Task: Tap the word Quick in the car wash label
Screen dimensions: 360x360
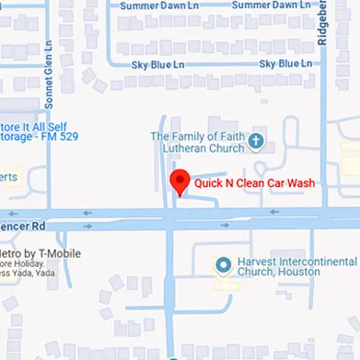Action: tap(208, 183)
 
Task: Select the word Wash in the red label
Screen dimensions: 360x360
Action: tap(300, 183)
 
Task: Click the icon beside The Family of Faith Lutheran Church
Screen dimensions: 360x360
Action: tap(257, 142)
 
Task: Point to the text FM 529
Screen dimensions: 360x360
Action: tap(61, 136)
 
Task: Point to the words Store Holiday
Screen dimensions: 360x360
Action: tap(28, 264)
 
